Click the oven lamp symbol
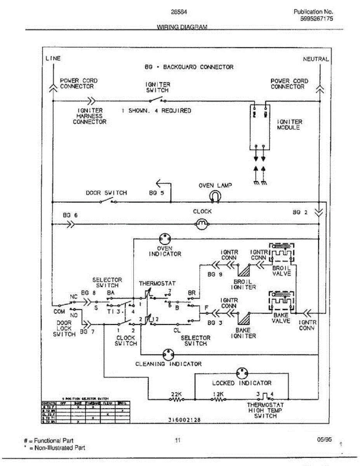(214, 197)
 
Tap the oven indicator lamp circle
(165, 238)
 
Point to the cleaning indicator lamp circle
(169, 354)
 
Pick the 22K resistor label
(176, 394)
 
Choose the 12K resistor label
(218, 394)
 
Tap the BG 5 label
(157, 193)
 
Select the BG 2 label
(300, 212)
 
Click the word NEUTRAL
(316, 59)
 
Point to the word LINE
(53, 59)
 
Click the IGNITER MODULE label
(289, 125)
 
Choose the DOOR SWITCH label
(106, 193)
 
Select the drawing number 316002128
(185, 420)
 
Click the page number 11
(177, 440)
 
